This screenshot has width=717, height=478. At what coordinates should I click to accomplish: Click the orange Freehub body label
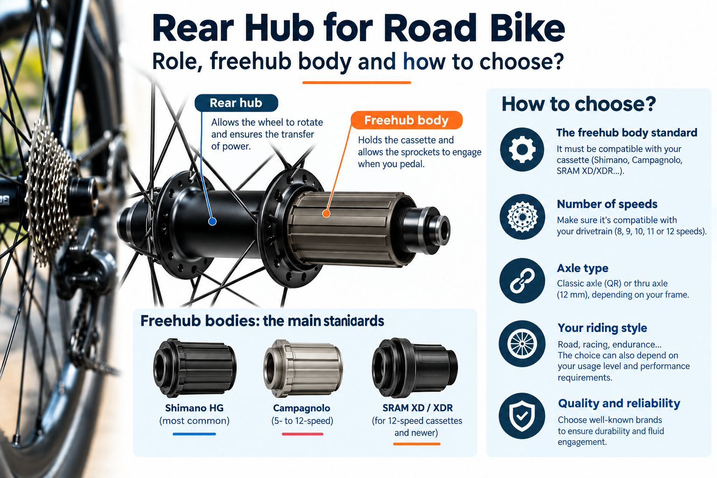click(x=407, y=120)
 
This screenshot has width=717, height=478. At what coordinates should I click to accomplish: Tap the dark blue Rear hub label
click(x=236, y=103)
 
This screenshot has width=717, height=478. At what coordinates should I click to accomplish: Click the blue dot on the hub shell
click(x=212, y=221)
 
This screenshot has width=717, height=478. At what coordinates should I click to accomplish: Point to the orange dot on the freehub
click(x=326, y=213)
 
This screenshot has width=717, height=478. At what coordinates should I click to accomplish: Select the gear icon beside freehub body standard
click(x=522, y=149)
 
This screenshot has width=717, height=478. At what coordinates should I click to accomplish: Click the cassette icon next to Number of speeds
click(x=522, y=217)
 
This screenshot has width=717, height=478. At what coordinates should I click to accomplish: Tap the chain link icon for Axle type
click(x=522, y=281)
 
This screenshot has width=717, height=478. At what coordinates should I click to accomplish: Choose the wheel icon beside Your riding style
click(x=522, y=344)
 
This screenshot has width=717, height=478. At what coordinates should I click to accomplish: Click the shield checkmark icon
click(x=522, y=415)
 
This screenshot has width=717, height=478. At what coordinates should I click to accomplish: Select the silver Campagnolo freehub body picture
click(x=303, y=368)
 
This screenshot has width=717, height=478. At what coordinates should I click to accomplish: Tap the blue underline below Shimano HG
click(x=194, y=434)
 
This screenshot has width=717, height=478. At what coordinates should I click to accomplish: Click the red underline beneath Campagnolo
click(x=302, y=434)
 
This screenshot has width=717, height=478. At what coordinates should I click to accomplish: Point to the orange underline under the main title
click(x=357, y=83)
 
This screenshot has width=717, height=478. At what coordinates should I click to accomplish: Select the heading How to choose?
click(x=579, y=105)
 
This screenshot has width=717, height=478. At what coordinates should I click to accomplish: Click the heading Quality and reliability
click(x=619, y=404)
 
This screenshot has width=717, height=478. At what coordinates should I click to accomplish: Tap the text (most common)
click(x=194, y=421)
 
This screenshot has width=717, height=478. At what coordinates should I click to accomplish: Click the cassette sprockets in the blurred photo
click(x=51, y=192)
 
